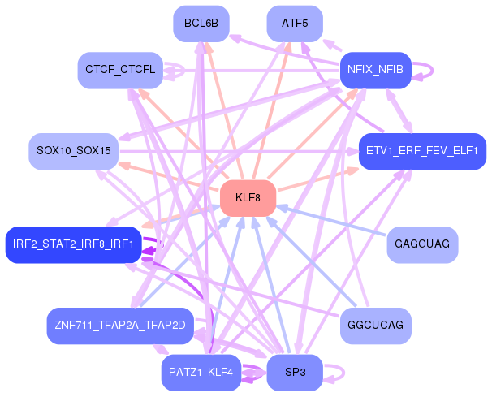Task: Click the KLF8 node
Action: [x=248, y=198]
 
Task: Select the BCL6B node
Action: [x=201, y=23]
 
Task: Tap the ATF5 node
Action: [x=294, y=23]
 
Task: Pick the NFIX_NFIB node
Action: [x=376, y=69]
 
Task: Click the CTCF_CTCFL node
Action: [x=120, y=70]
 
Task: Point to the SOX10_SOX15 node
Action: [x=73, y=151]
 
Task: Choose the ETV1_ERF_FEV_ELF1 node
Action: [x=421, y=151]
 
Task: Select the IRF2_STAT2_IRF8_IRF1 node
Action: [x=73, y=244]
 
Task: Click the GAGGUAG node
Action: [x=421, y=244]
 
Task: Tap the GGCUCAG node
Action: [x=375, y=326]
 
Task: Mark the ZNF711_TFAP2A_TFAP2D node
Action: [x=120, y=326]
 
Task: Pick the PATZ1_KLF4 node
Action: [x=201, y=373]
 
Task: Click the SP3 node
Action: [x=294, y=373]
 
